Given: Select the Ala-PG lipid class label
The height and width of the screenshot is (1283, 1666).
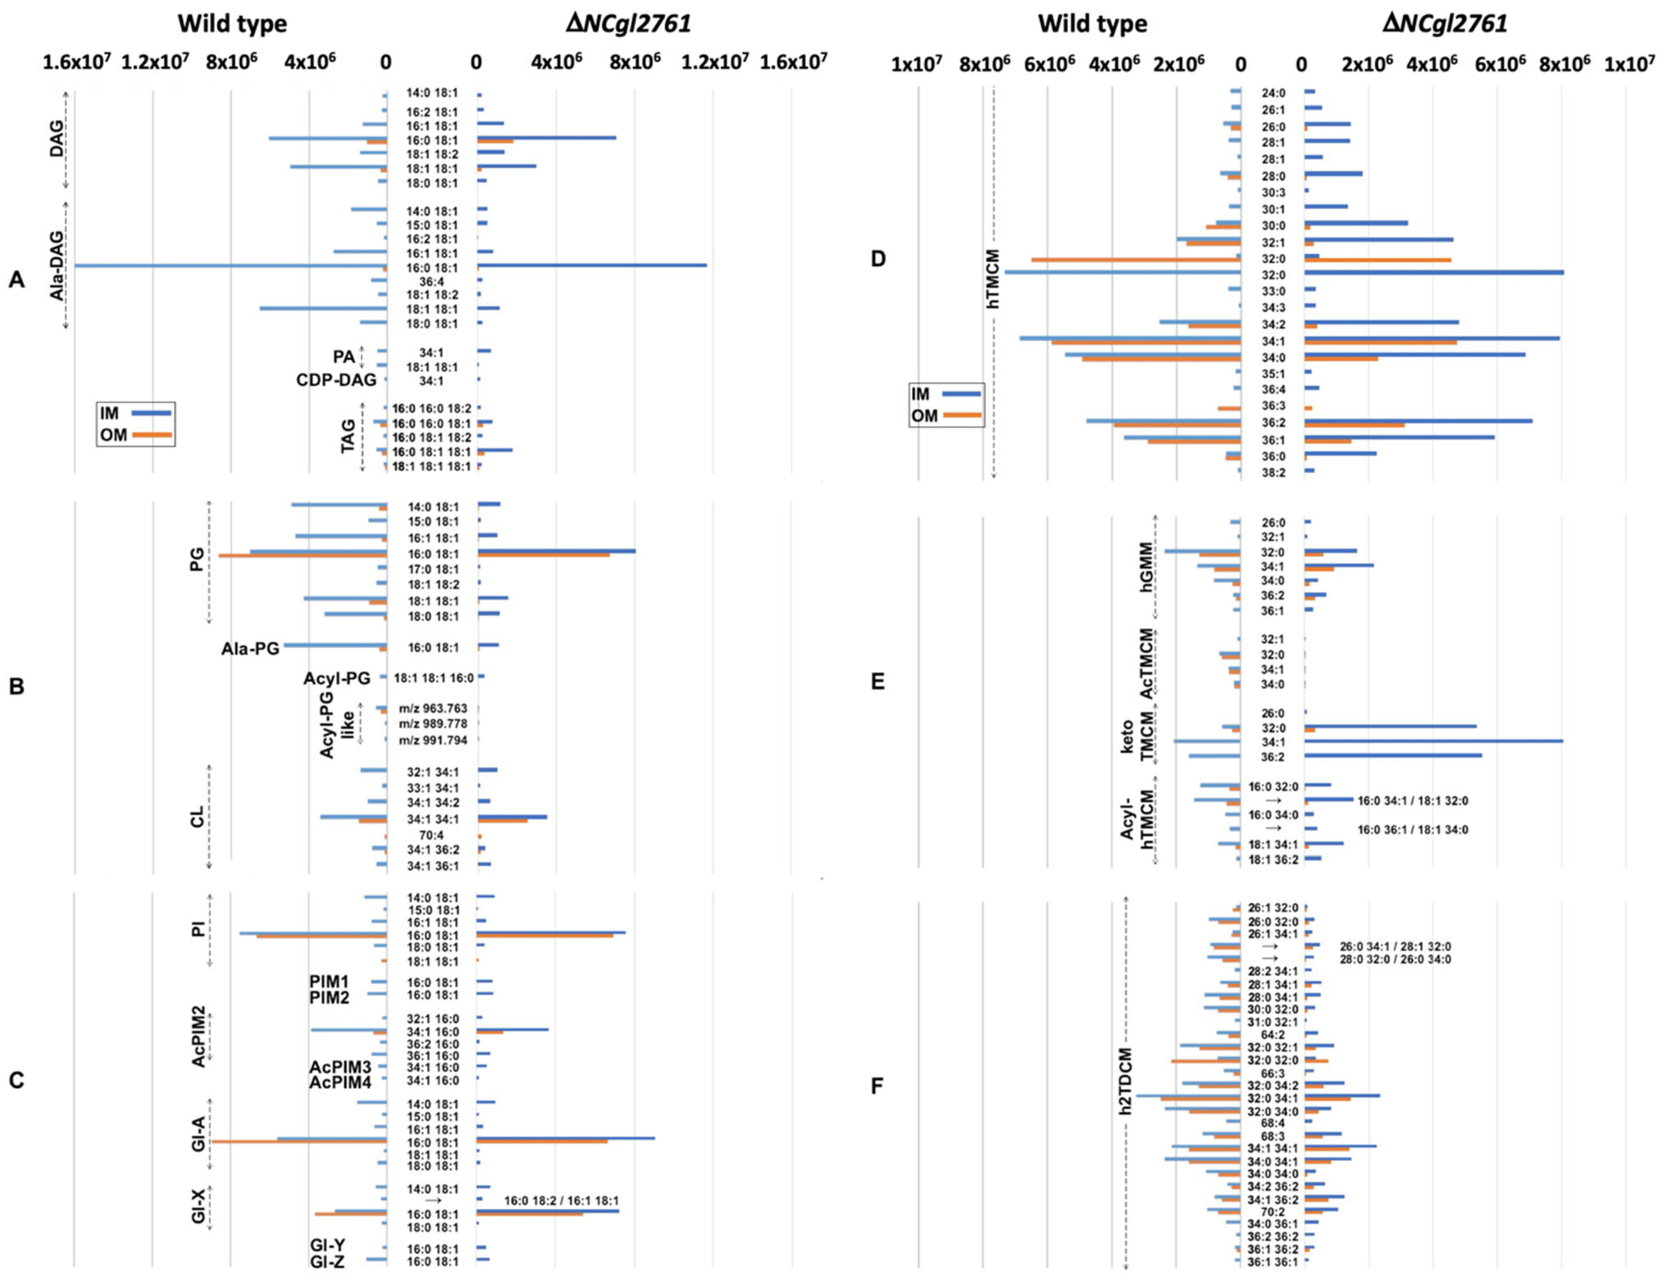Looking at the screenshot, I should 250,649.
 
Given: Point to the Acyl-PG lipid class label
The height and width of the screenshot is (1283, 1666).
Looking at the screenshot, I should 336,678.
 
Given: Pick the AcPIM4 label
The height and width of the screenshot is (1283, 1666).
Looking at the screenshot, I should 340,1081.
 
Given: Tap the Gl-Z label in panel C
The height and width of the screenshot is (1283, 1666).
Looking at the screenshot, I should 327,1262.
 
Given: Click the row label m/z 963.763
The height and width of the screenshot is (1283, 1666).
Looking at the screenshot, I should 433,708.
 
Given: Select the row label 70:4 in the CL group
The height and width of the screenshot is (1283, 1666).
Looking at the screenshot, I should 432,835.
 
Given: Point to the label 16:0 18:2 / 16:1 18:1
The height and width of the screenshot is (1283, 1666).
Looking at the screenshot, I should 561,1201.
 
